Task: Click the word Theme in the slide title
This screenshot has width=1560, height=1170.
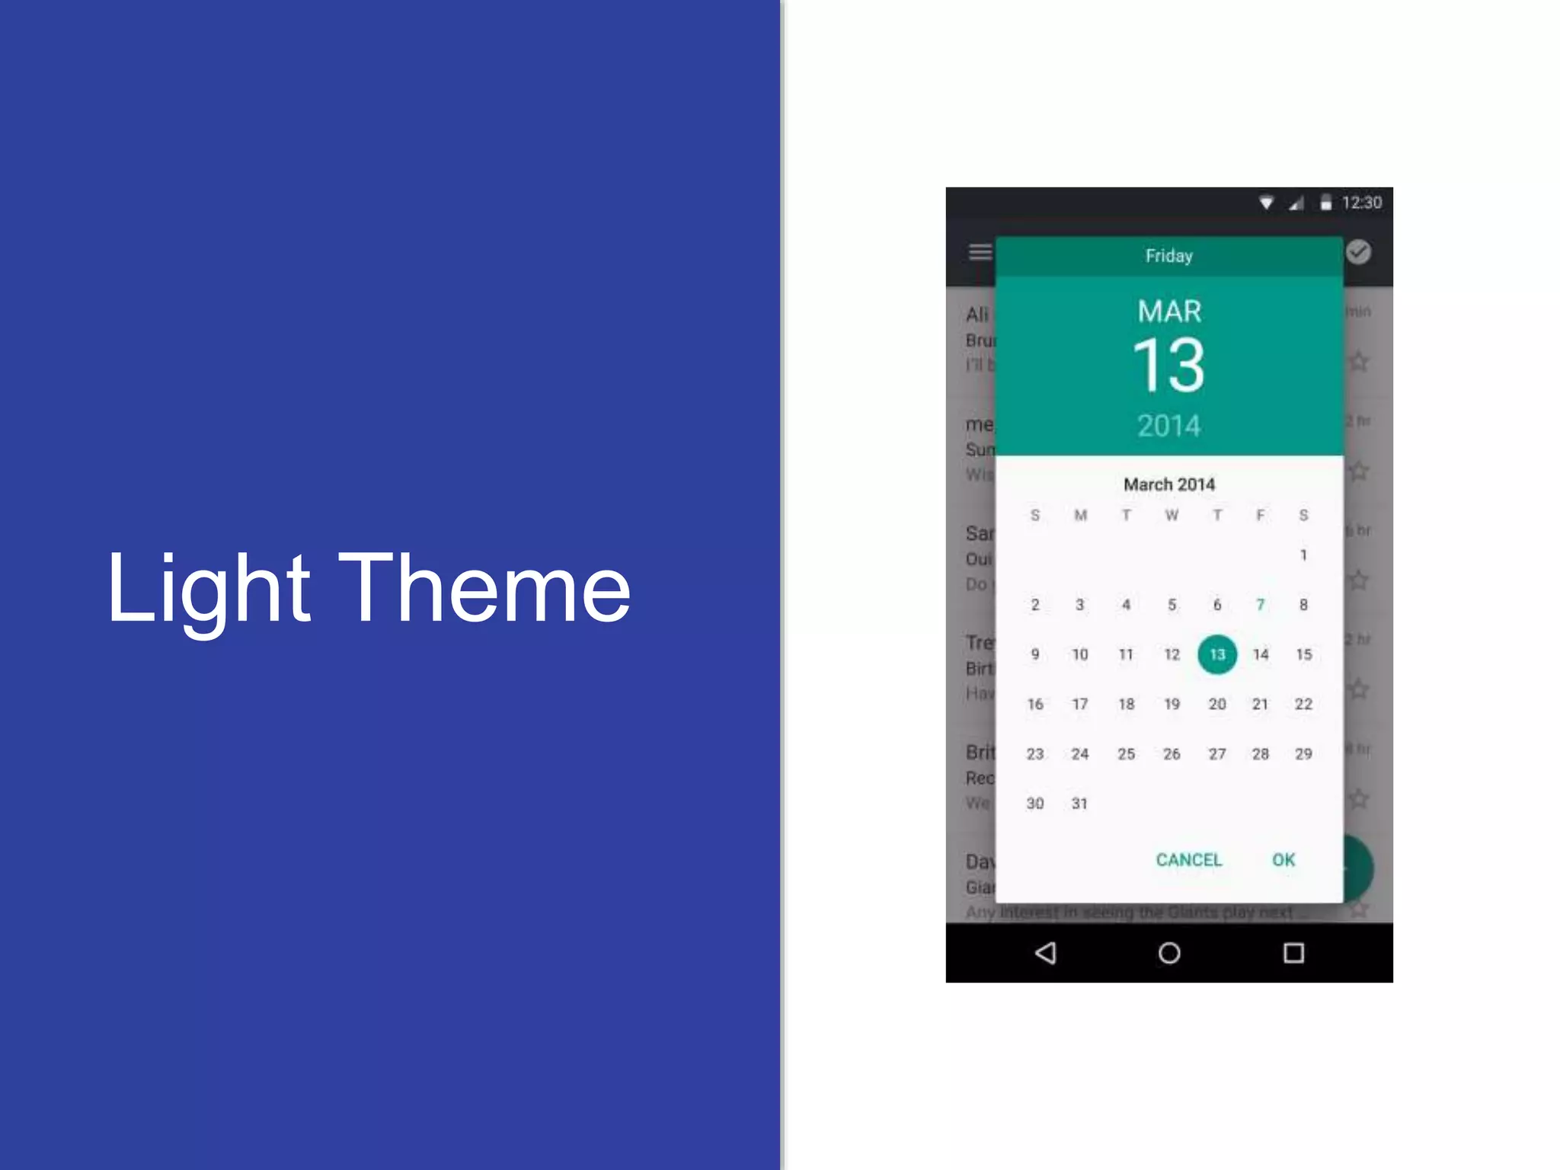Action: [x=484, y=588]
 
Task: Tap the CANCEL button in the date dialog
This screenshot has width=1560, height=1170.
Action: [x=1188, y=860]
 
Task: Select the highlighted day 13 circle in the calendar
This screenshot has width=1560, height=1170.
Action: [x=1216, y=654]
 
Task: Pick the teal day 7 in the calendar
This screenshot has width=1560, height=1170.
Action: [x=1261, y=605]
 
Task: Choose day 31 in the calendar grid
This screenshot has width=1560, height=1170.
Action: [x=1079, y=804]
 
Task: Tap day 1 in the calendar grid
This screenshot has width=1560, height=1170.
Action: [x=1303, y=555]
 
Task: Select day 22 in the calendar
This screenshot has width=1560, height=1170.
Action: [x=1303, y=704]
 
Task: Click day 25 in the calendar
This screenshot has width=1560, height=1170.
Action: [x=1126, y=754]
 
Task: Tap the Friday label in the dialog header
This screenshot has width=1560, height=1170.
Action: [x=1168, y=256]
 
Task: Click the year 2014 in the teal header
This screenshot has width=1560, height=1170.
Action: [x=1168, y=426]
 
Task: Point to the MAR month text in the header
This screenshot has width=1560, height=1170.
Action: [x=1169, y=312]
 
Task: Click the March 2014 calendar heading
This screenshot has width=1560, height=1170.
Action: [x=1169, y=484]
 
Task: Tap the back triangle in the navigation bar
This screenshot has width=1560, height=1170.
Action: [x=1046, y=953]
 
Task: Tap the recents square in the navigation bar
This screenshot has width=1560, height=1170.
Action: [x=1293, y=953]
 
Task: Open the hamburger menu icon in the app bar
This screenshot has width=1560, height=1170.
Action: [x=980, y=251]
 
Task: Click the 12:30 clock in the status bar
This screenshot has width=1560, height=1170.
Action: [x=1361, y=203]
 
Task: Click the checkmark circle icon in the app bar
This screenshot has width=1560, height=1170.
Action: [x=1358, y=252]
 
